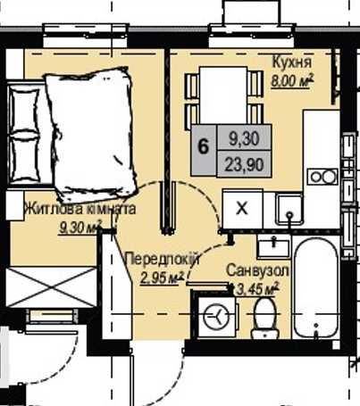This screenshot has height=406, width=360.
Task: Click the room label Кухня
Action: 292,63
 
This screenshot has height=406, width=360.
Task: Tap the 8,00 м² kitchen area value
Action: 292,80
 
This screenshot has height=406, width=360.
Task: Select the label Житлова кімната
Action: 80,209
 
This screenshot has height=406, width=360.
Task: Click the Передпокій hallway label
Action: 163,259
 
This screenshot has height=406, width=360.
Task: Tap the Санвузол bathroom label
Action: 257,270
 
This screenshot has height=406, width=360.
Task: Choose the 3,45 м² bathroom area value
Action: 257,289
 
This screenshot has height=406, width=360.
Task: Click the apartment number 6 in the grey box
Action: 204,147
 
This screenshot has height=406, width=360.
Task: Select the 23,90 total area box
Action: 244,164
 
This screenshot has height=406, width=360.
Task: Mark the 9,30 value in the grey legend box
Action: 244,138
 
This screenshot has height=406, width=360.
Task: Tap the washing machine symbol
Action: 216,317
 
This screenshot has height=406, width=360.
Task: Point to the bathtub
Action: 316,288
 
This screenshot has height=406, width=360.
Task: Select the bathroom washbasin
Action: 273,246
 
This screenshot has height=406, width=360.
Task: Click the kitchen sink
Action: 289,209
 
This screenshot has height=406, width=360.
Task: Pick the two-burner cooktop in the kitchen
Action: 322,177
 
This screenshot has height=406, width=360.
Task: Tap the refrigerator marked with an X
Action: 242,209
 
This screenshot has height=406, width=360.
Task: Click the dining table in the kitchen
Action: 223,95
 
